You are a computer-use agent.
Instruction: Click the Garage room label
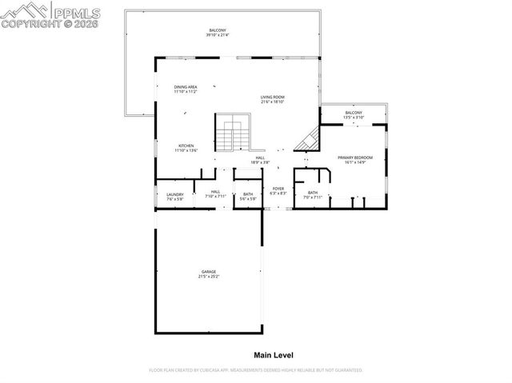click(208, 271)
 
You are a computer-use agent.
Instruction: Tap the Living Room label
click(272, 98)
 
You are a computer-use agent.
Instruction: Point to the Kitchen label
click(186, 146)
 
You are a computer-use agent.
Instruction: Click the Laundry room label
click(175, 194)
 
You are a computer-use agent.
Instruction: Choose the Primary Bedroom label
click(355, 158)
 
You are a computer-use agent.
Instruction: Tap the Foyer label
click(278, 189)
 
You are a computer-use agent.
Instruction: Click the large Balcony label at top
click(218, 30)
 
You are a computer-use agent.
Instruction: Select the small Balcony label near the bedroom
click(354, 113)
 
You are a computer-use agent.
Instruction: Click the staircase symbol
click(232, 132)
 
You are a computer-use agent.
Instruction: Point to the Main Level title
click(274, 354)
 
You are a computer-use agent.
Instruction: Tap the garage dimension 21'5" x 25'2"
click(208, 277)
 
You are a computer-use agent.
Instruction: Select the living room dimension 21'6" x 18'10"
click(272, 102)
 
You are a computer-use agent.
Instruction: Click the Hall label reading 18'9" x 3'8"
click(260, 160)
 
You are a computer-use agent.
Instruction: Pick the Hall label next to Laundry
click(215, 193)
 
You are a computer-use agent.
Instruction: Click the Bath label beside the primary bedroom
click(312, 193)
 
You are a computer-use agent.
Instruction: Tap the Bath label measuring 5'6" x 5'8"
click(248, 197)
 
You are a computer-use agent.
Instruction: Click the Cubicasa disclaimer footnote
click(256, 370)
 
